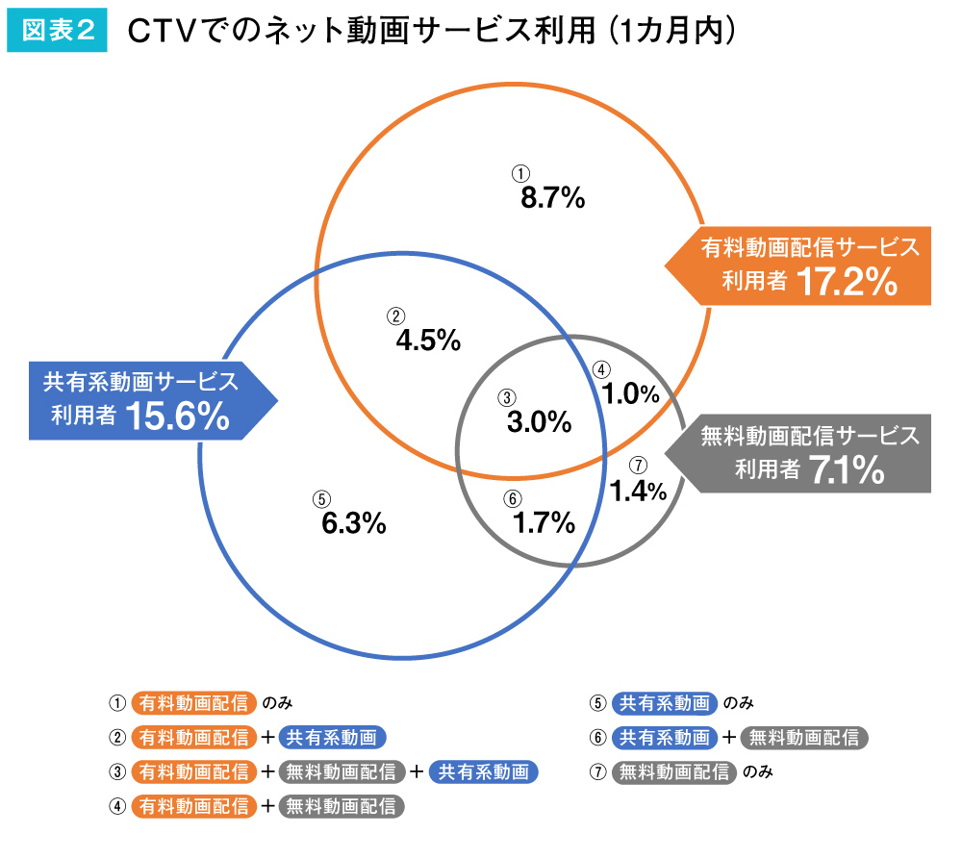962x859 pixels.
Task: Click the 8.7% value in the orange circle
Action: pos(552,198)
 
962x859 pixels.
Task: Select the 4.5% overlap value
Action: pos(428,340)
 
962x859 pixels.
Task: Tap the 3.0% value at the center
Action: pos(539,421)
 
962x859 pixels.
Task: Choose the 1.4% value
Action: pos(638,491)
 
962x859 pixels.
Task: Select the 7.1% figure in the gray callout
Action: pos(846,470)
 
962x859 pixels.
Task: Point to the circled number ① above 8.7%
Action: pos(520,173)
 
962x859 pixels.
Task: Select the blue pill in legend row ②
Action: pos(332,738)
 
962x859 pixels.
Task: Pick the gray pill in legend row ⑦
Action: pos(673,771)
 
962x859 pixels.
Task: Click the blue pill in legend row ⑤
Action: pos(665,702)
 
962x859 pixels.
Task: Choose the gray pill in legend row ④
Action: pos(342,806)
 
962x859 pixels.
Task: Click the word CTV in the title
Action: pos(160,31)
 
